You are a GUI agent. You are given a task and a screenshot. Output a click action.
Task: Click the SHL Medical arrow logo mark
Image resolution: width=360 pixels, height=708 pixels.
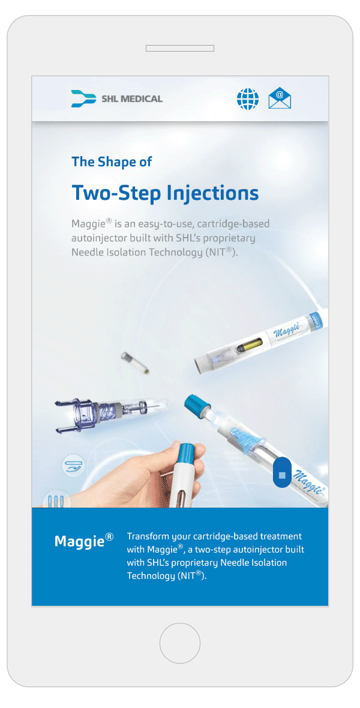(83, 98)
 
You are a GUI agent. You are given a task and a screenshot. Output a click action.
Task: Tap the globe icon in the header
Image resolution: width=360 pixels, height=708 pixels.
(248, 98)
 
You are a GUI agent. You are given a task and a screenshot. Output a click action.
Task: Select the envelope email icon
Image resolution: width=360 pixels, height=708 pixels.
(280, 98)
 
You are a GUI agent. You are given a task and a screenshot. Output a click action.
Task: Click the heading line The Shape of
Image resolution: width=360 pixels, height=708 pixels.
(112, 161)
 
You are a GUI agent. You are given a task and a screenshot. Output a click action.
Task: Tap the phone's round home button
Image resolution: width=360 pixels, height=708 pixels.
(180, 643)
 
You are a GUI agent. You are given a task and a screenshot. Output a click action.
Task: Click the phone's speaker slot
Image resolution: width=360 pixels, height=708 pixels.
(180, 49)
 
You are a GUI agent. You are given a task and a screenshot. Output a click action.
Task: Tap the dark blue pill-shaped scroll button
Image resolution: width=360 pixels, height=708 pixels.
(282, 472)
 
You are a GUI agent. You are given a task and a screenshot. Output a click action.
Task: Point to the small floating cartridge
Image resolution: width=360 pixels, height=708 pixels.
(135, 363)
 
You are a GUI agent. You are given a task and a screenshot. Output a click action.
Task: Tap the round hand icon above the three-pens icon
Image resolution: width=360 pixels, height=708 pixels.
(73, 467)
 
